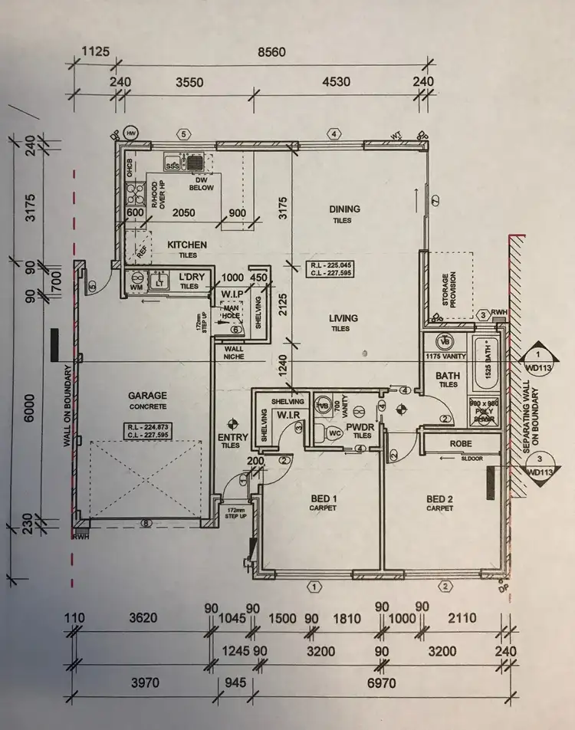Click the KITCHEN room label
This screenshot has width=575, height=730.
click(x=187, y=245)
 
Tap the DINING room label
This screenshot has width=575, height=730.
click(x=344, y=209)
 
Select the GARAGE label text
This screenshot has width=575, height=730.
click(x=148, y=396)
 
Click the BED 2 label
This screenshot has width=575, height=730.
click(x=441, y=498)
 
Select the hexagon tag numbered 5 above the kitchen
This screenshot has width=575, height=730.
click(x=183, y=134)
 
